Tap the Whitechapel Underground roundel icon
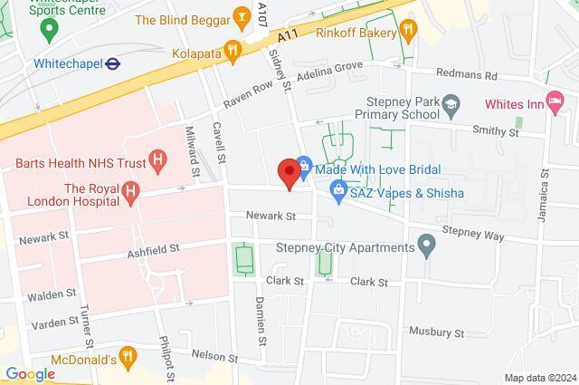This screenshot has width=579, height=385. [x=113, y=63]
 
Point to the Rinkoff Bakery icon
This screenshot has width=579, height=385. [x=408, y=31]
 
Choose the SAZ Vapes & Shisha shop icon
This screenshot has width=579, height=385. [x=338, y=189]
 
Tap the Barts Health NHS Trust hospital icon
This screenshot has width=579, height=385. [x=158, y=163]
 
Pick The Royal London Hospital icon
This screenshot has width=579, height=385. [x=132, y=191]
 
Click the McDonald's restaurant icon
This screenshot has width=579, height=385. [x=128, y=356]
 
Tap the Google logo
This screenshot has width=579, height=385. [x=30, y=373]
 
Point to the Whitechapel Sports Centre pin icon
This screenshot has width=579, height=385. [x=50, y=27]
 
